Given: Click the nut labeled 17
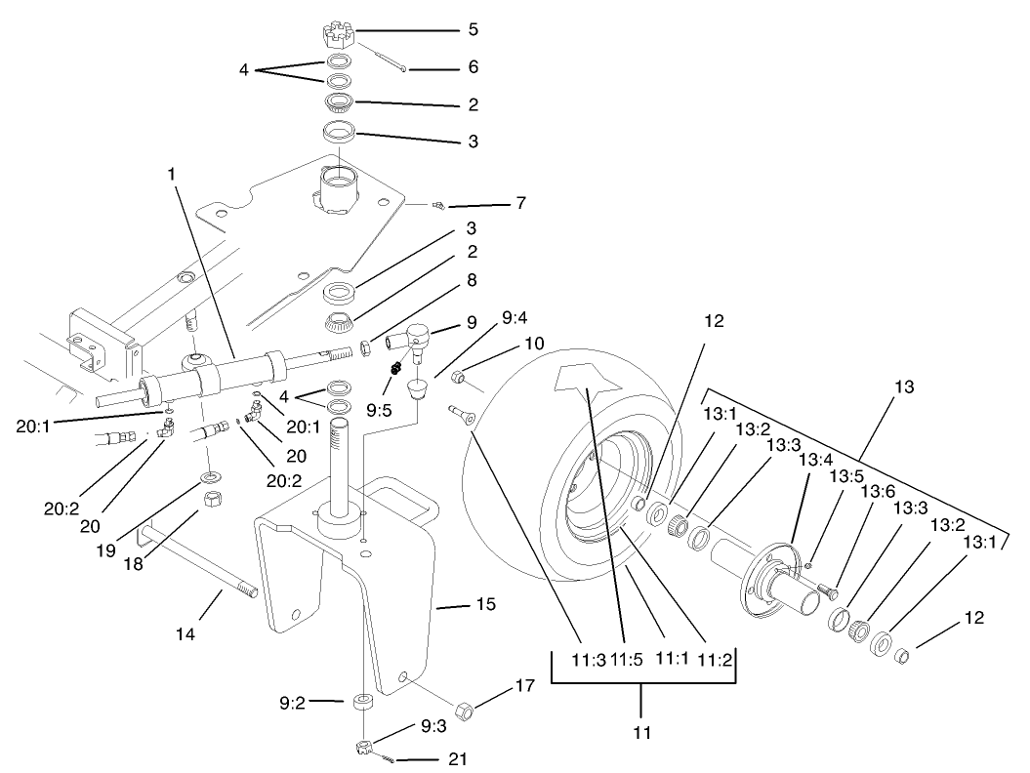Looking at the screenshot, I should point(466,710).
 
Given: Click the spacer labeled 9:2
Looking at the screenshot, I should point(363,702).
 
